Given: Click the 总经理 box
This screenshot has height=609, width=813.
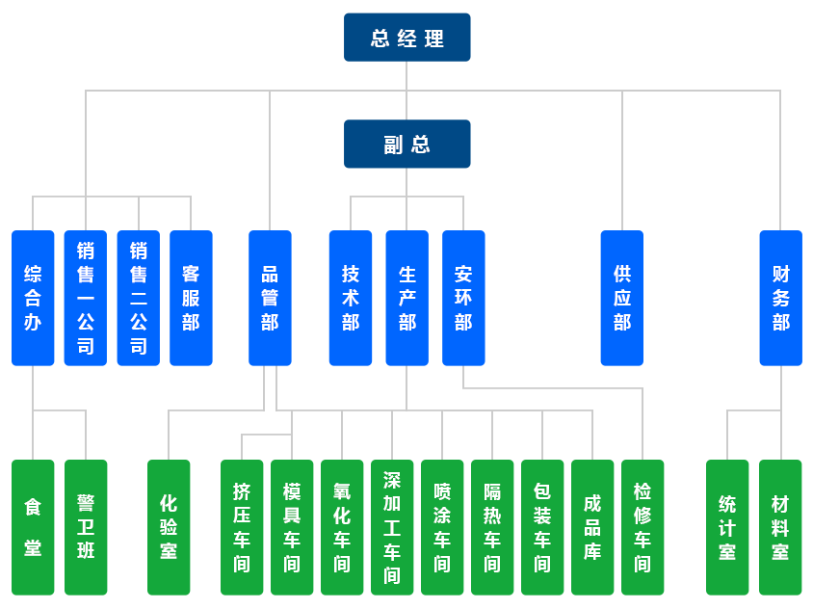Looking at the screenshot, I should [407, 39].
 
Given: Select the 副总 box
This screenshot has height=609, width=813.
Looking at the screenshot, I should [407, 145].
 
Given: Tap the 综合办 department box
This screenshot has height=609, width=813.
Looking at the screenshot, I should [33, 298].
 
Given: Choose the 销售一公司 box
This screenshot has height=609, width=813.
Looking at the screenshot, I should [86, 298].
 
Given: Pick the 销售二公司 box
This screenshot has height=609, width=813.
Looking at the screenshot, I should [139, 298].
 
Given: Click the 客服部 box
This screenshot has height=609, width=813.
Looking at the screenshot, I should [191, 298].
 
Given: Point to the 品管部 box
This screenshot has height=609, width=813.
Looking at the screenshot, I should [270, 298].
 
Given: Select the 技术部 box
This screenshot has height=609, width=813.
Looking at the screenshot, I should [351, 298].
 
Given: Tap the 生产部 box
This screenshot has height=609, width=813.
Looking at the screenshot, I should [406, 298].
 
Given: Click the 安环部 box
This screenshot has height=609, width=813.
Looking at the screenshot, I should [463, 298].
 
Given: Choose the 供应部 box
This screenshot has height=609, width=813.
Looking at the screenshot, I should [621, 298].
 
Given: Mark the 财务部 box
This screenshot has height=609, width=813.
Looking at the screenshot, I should [780, 298].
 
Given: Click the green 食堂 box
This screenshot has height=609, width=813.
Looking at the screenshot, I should [33, 526].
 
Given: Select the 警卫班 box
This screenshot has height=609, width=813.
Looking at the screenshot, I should [86, 526].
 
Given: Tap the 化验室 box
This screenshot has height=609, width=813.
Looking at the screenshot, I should [169, 526].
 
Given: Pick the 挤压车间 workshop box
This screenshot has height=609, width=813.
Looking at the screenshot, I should [242, 526].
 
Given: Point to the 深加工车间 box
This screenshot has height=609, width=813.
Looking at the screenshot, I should [392, 526].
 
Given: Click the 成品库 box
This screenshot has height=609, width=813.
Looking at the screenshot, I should [592, 526].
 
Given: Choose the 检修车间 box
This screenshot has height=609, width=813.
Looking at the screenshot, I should [643, 526].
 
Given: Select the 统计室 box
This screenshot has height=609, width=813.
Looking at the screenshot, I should [727, 526].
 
